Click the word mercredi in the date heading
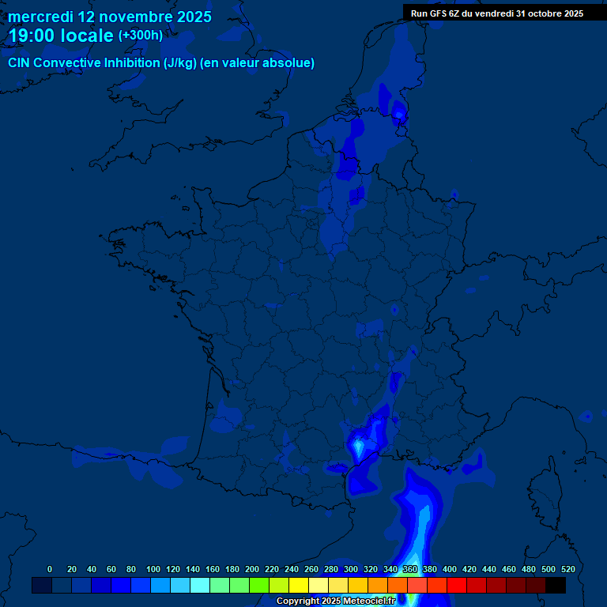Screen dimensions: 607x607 (x=40, y=17)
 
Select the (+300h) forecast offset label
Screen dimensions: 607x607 (x=140, y=36)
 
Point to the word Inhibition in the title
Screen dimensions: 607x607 (x=132, y=63)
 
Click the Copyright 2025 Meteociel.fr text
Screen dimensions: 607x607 (x=336, y=601)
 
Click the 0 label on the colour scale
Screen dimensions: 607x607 (x=50, y=569)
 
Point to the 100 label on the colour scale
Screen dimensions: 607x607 (x=153, y=569)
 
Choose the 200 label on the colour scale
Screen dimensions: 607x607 (x=252, y=569)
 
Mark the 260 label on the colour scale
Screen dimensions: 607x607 (x=311, y=569)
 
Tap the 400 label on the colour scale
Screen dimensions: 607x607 (x=450, y=569)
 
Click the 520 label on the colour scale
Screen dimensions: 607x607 (x=567, y=569)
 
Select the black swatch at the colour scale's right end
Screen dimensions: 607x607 (x=556, y=585)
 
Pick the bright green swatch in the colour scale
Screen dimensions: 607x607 (x=259, y=585)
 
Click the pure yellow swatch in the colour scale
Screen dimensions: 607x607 (x=299, y=585)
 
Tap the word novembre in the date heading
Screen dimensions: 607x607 (x=128, y=17)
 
